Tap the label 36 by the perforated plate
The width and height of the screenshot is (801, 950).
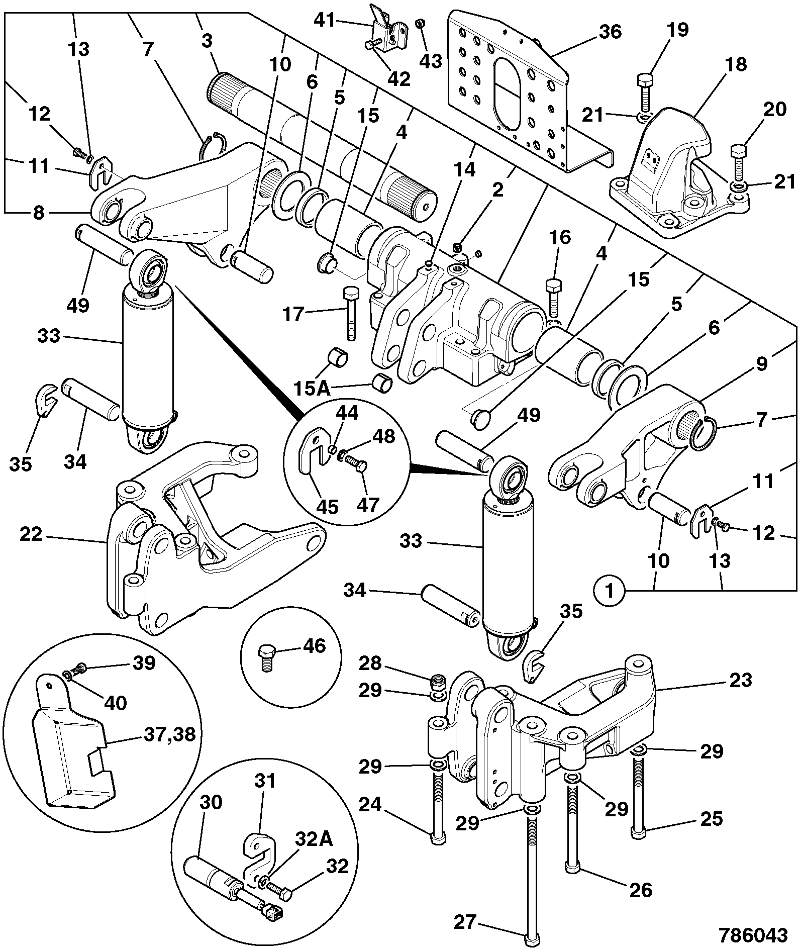pos(610,32)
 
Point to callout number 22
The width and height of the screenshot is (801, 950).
pos(31,534)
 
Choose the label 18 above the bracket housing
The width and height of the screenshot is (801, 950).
pos(735,65)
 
